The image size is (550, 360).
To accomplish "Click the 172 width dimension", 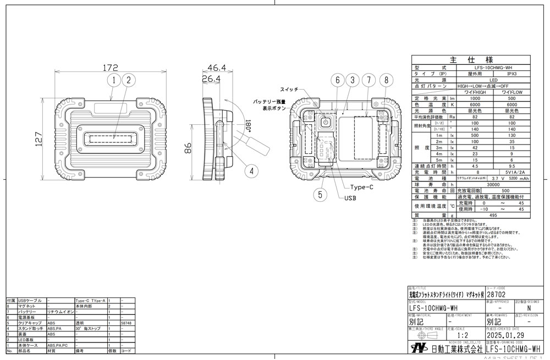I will pos(111,68).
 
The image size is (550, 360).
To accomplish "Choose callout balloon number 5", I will pos(320,193).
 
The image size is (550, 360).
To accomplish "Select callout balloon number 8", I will pos(387,80).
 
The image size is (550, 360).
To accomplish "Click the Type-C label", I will pos(361,187).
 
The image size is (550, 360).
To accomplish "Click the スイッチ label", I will pos(289,90).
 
